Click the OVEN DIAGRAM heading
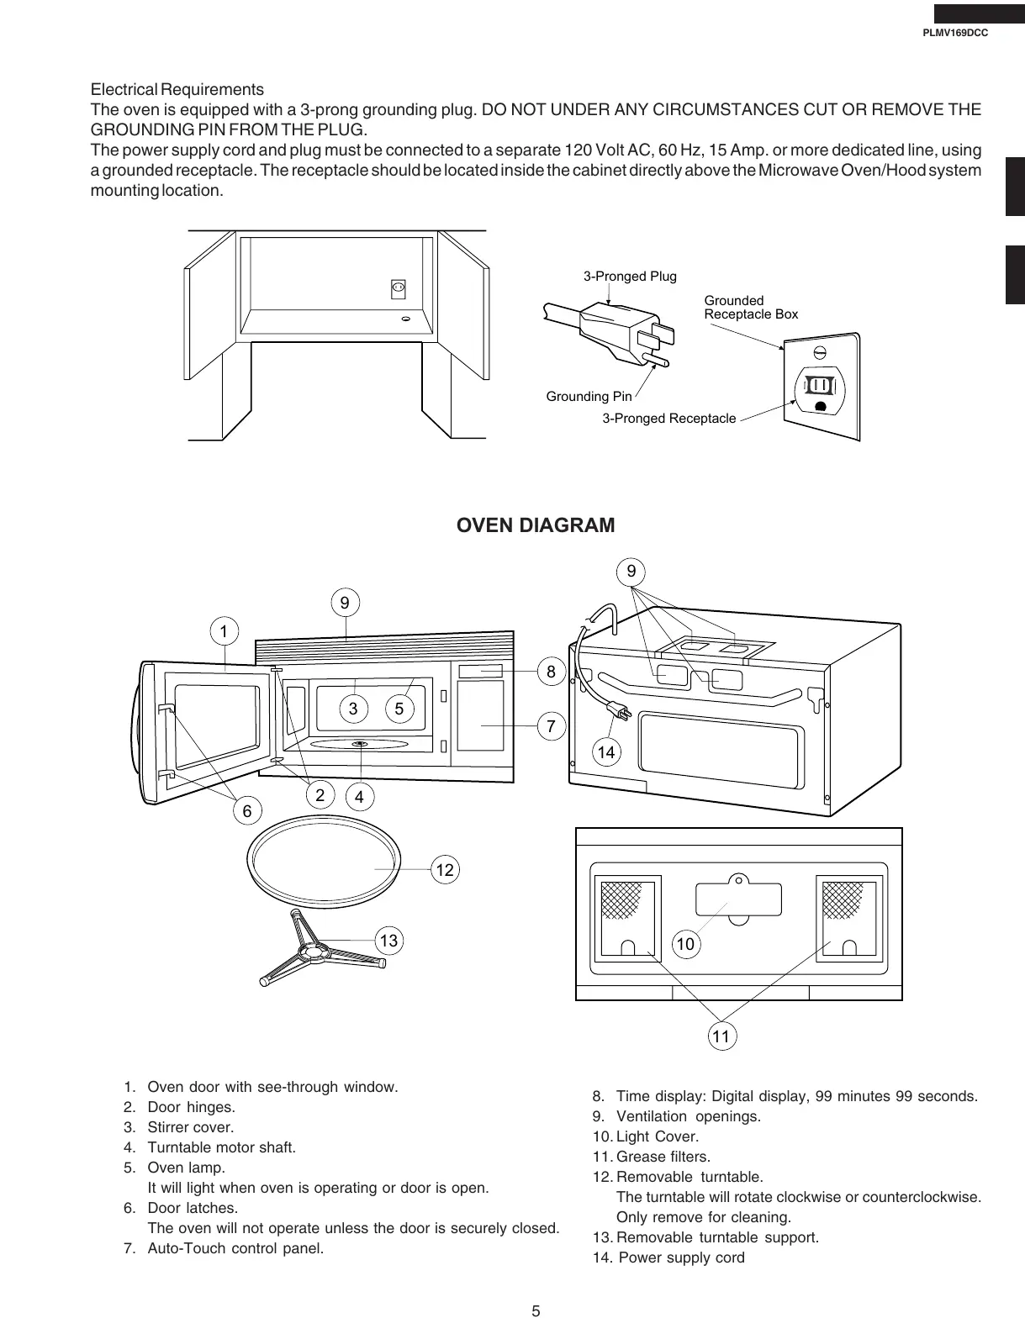(535, 525)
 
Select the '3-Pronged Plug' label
(630, 277)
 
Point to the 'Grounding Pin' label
(589, 396)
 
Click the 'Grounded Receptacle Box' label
(750, 308)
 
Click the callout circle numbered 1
(224, 630)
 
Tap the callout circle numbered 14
(605, 752)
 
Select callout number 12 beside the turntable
(445, 870)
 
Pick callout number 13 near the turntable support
(388, 940)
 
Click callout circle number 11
(721, 1036)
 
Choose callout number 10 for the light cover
(685, 944)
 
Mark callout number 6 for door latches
(246, 811)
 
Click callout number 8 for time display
(551, 672)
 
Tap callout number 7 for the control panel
(551, 727)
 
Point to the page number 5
(536, 1311)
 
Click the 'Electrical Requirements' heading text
(177, 90)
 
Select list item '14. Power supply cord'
(668, 1258)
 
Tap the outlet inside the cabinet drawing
(399, 288)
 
